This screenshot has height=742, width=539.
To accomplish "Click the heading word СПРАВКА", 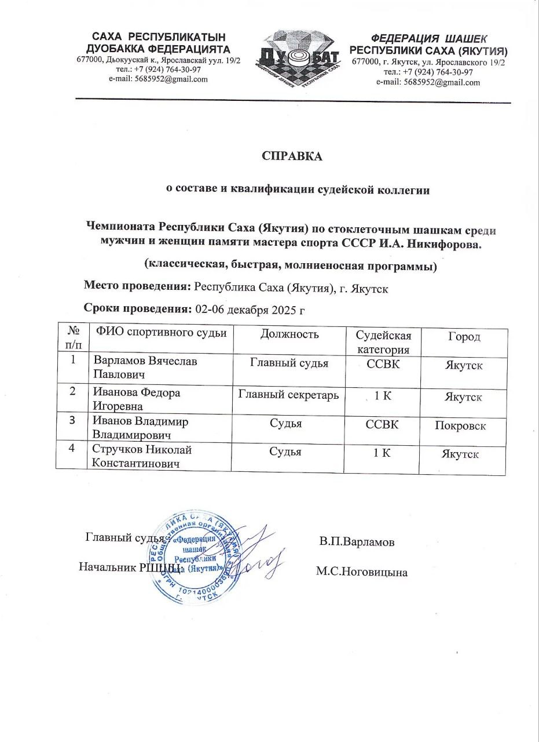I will point(292,156).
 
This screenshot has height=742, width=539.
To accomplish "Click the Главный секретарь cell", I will point(288,395).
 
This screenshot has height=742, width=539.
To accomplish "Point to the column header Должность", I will point(289,334).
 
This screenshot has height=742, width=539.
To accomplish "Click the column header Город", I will point(464,337).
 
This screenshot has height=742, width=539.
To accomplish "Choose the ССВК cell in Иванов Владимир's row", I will point(382,425).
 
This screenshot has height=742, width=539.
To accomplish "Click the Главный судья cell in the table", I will point(289,363).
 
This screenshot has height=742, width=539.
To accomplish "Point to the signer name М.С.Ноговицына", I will point(361,572).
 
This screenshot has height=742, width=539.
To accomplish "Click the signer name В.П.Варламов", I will point(357,543).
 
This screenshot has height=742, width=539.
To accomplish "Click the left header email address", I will point(158,79).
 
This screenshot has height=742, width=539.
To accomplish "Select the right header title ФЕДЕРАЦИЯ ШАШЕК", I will point(429,39).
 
